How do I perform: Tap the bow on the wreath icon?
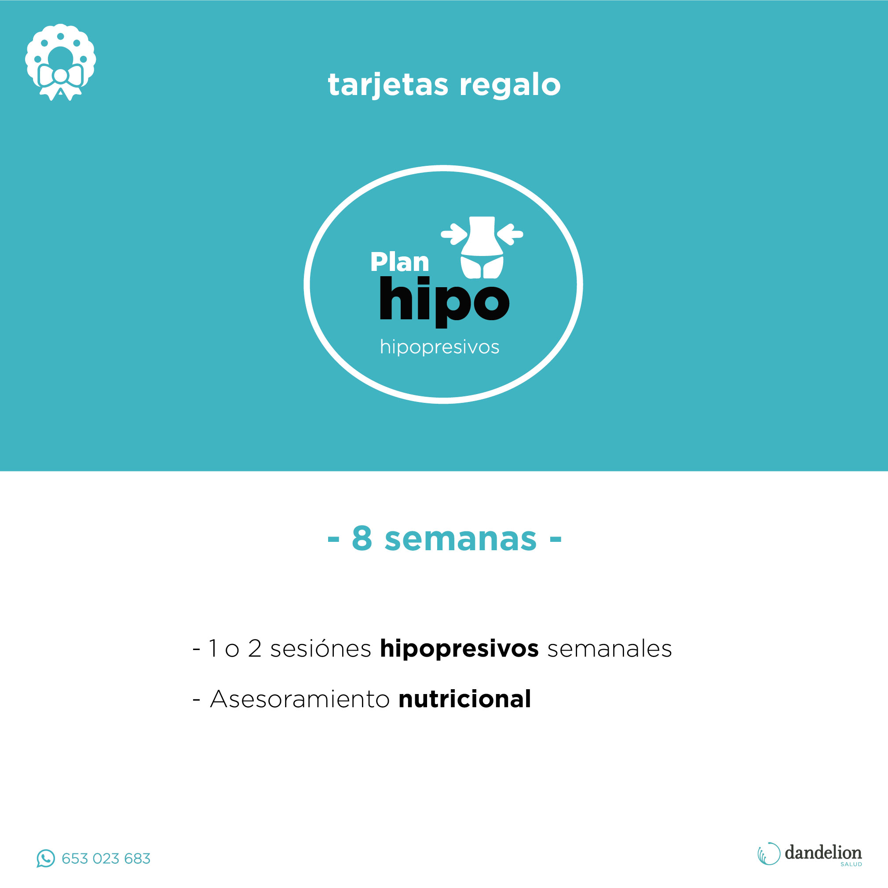pos(61,81)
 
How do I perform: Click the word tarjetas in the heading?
pos(388,85)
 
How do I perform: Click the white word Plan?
pos(399,262)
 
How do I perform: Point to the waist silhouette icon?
pos(482,247)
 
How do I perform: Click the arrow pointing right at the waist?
pos(454,234)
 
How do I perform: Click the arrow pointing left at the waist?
pos(510,234)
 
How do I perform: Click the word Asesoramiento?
pos(300,699)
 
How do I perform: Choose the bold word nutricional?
pos(465,698)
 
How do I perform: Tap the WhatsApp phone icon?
pos(45,859)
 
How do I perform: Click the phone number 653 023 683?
pos(106,859)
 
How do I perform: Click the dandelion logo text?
pos(823,853)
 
